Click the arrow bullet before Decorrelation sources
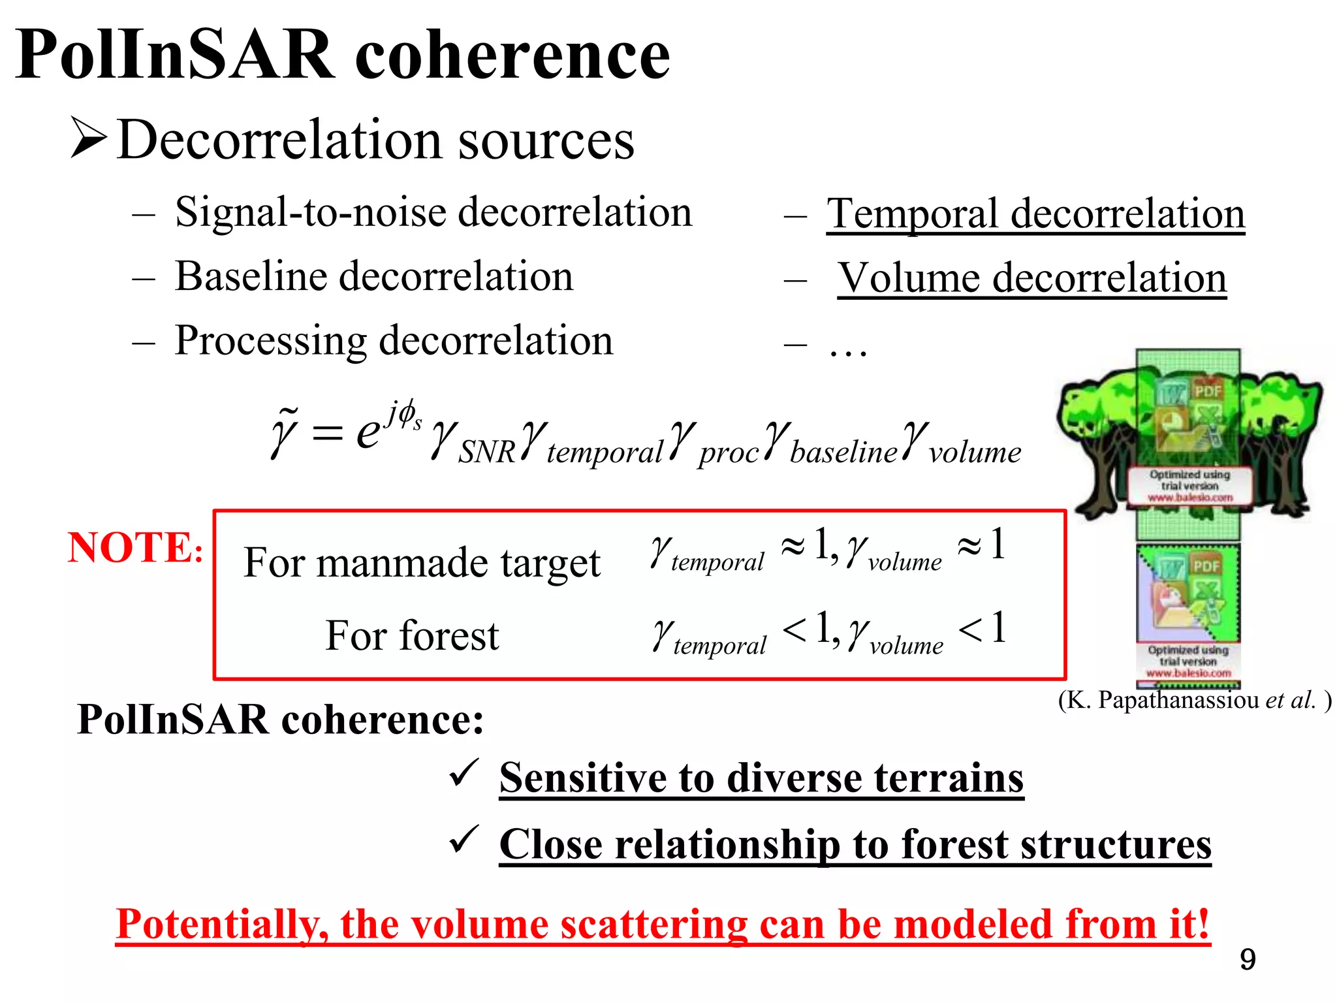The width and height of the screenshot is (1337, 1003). tap(89, 138)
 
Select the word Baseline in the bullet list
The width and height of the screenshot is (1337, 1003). tap(251, 277)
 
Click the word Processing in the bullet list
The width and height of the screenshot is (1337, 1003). tap(270, 341)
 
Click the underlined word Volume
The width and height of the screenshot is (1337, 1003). tap(909, 279)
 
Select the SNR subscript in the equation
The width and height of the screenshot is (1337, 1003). tap(486, 453)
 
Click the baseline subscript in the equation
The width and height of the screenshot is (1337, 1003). tap(843, 453)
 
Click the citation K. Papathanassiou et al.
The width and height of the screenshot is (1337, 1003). tap(1194, 700)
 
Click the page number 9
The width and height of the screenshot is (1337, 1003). tap(1247, 960)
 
